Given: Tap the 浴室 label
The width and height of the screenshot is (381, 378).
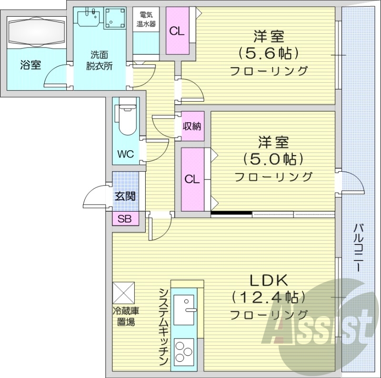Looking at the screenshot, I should coord(30,65).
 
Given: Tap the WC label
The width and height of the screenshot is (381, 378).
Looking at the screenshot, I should coord(126,154).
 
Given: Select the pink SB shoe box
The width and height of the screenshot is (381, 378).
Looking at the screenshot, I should coord(125,219).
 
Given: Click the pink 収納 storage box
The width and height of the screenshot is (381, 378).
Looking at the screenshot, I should coord(192,126).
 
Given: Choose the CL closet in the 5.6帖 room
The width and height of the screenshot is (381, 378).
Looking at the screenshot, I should coord(177,32).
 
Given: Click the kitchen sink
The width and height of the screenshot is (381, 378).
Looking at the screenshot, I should coord(185,309).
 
